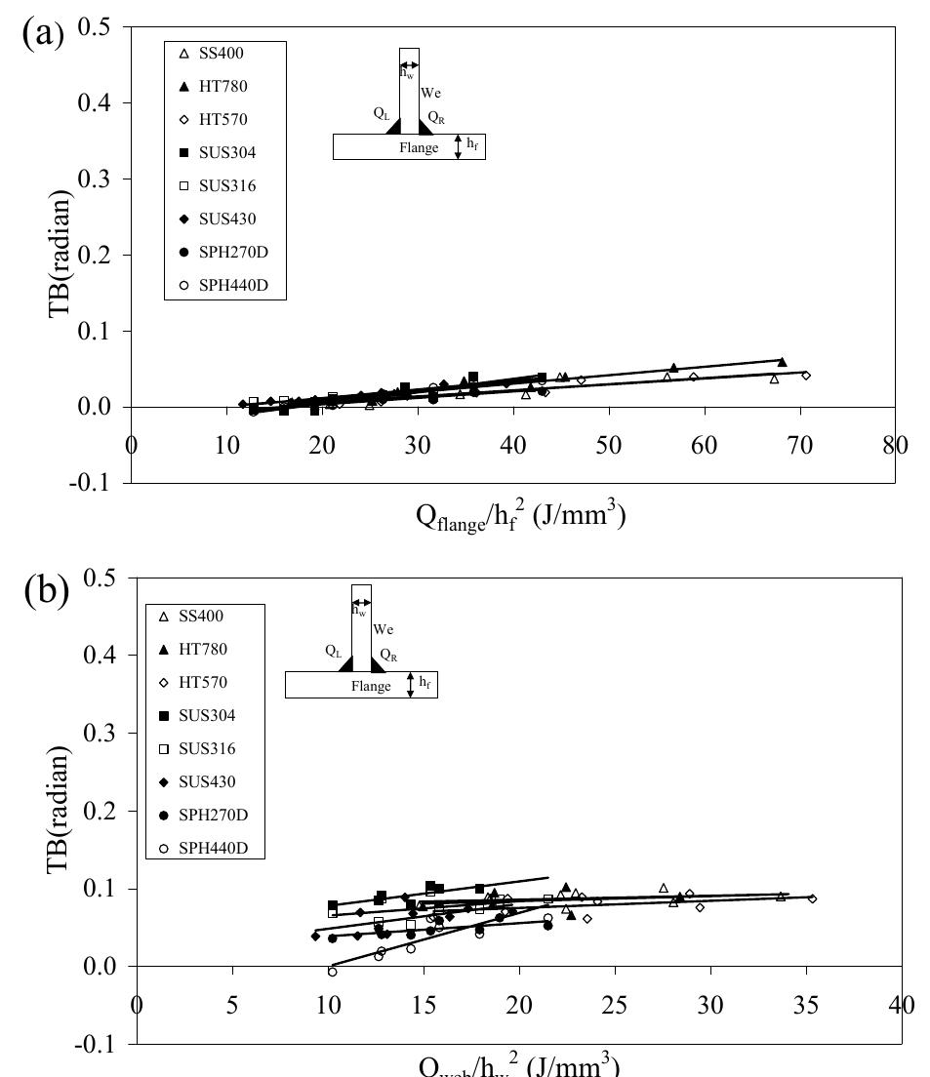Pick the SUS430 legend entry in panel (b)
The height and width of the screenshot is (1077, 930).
[x=200, y=781]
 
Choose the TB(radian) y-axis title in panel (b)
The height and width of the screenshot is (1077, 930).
[x=86, y=810]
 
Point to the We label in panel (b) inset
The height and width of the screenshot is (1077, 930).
[x=384, y=602]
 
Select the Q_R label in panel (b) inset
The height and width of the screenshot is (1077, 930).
[x=388, y=657]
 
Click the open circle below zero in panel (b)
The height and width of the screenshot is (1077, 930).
[x=332, y=972]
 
